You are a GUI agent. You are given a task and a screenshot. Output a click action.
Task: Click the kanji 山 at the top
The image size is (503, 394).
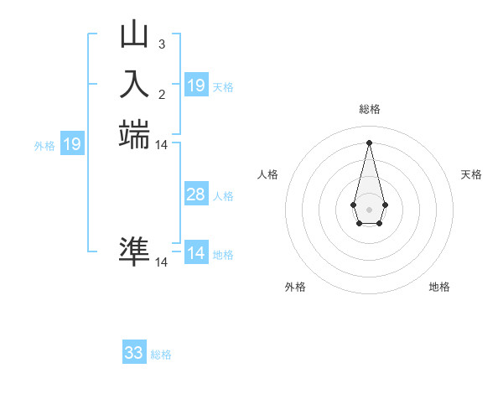[x=134, y=35]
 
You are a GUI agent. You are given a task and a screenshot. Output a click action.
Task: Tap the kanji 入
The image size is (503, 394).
[x=134, y=84]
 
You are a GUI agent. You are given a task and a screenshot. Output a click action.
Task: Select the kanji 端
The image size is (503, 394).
[x=134, y=134]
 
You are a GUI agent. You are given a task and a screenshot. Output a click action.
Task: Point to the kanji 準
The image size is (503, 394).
[x=134, y=251]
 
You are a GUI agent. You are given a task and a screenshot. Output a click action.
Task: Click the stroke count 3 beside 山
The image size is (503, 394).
[x=161, y=44]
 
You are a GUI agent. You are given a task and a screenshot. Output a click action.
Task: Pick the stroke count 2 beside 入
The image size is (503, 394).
[x=161, y=94]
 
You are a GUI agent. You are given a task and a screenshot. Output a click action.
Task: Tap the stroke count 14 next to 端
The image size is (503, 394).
[x=162, y=145]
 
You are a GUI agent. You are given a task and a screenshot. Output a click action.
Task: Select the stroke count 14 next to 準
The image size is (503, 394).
[x=162, y=262]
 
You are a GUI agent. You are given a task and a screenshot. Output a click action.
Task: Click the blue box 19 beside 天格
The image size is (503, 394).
[x=196, y=86]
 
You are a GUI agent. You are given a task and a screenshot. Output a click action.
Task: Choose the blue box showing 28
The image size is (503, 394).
[x=196, y=195]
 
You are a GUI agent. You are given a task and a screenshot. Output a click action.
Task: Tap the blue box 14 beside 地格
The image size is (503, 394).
[x=196, y=254]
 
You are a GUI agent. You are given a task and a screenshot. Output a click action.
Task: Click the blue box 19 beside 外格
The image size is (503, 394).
[x=72, y=145]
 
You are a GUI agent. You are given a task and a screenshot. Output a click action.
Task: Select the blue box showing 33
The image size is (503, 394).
[x=134, y=353]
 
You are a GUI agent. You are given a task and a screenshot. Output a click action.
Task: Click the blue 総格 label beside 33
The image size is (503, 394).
[x=161, y=355]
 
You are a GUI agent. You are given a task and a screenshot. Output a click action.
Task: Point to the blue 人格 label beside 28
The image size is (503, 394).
[x=223, y=196]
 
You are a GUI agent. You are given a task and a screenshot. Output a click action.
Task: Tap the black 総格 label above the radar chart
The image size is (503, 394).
[x=369, y=109]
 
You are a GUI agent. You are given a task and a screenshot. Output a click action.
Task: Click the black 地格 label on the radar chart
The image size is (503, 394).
[x=439, y=287]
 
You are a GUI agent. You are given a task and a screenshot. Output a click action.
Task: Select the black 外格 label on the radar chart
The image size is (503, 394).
[x=295, y=287]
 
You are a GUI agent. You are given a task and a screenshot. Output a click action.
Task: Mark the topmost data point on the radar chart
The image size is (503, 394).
[x=369, y=142]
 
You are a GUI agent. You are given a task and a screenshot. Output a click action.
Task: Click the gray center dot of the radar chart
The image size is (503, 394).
[x=369, y=208]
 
